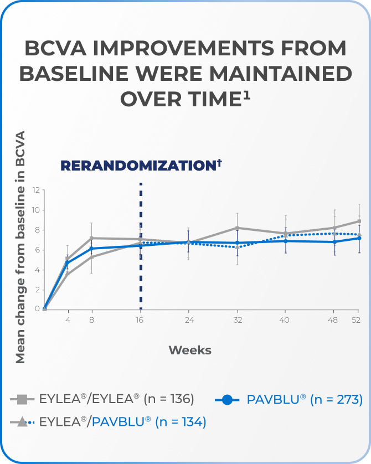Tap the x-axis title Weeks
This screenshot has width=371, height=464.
point(190,350)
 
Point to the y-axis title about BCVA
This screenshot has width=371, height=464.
point(20,247)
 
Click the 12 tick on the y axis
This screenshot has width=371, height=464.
point(37,190)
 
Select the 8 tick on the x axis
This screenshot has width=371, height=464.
point(92,320)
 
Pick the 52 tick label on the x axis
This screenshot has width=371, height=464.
point(356,320)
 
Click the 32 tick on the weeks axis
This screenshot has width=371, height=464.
point(237,320)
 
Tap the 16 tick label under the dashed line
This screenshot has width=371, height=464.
point(141,320)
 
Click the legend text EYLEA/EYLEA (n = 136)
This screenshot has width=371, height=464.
point(116,399)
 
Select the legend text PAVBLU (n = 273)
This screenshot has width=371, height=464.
point(305,399)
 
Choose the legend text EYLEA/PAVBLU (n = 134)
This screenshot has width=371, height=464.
point(122,422)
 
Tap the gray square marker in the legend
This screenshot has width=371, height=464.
point(22,399)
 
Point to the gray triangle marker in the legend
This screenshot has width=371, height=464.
point(22,422)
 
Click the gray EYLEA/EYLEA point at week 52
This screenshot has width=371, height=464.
point(359,221)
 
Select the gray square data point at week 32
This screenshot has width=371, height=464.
point(238,228)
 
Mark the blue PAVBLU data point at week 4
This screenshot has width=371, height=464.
point(68,262)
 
